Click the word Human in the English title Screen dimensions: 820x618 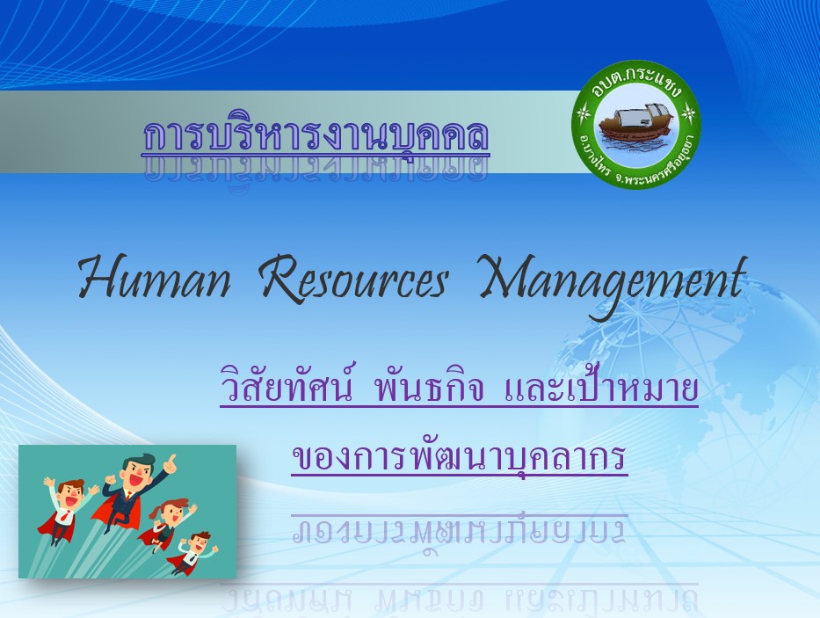155,277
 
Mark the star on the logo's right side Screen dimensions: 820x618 689,113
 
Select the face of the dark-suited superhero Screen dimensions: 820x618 137,471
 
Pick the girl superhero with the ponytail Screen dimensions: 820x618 166,524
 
